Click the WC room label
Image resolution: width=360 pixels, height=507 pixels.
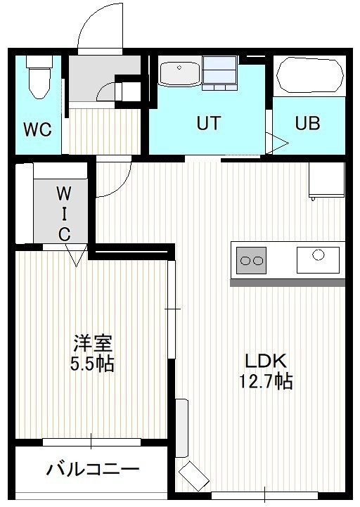click(x=37, y=129)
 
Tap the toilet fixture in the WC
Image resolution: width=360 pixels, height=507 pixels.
click(x=39, y=77)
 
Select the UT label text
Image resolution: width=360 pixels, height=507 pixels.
click(x=209, y=123)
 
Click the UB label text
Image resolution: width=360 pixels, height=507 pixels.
click(x=307, y=123)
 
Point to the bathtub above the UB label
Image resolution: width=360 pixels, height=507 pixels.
click(x=310, y=75)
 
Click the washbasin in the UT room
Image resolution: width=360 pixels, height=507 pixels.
click(x=179, y=72)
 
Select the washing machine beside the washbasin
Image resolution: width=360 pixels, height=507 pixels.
click(x=219, y=72)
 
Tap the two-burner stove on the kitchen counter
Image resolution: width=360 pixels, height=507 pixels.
click(x=251, y=260)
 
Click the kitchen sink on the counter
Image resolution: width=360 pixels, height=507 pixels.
click(x=319, y=259)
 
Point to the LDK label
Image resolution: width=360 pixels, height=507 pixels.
click(x=266, y=361)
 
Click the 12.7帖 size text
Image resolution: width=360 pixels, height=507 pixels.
click(x=266, y=381)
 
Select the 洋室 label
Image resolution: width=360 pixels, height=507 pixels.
click(x=93, y=344)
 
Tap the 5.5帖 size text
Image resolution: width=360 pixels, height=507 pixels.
click(x=93, y=364)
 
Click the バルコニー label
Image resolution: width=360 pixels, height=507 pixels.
click(x=93, y=469)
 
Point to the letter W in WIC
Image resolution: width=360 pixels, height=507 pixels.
click(x=64, y=194)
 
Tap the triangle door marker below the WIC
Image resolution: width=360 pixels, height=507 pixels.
click(x=77, y=255)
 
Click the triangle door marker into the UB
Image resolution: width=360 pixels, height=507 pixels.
click(x=277, y=143)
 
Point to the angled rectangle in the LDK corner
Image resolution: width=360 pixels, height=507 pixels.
click(x=193, y=477)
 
